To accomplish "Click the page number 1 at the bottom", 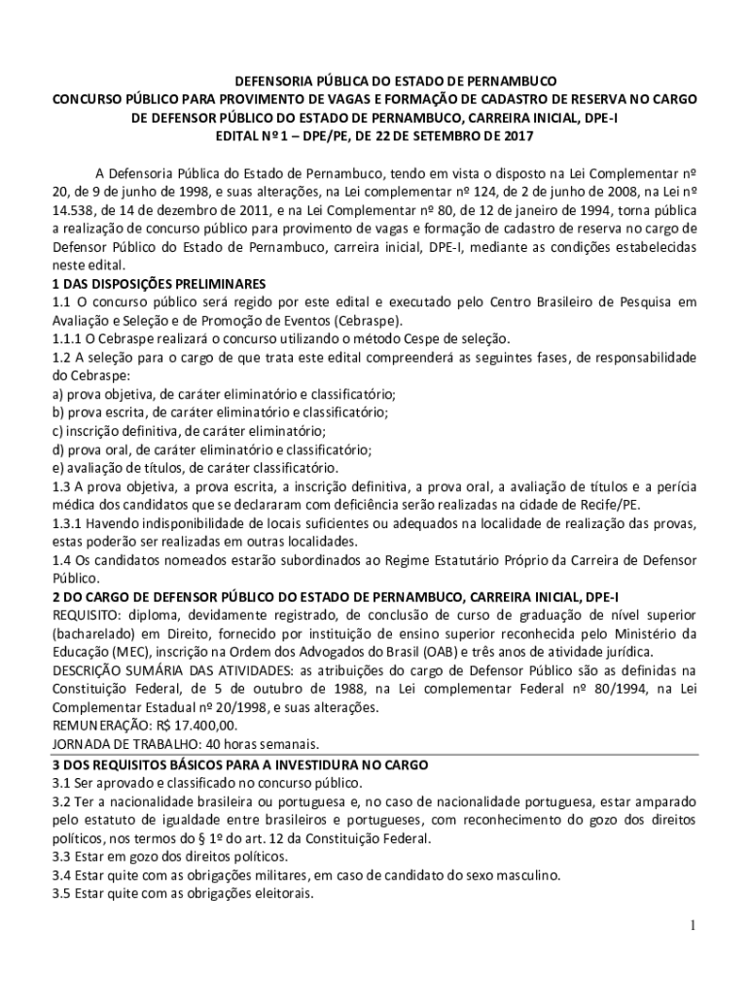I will pos(692,925).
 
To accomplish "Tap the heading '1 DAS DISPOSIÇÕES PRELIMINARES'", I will pos(159,283).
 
